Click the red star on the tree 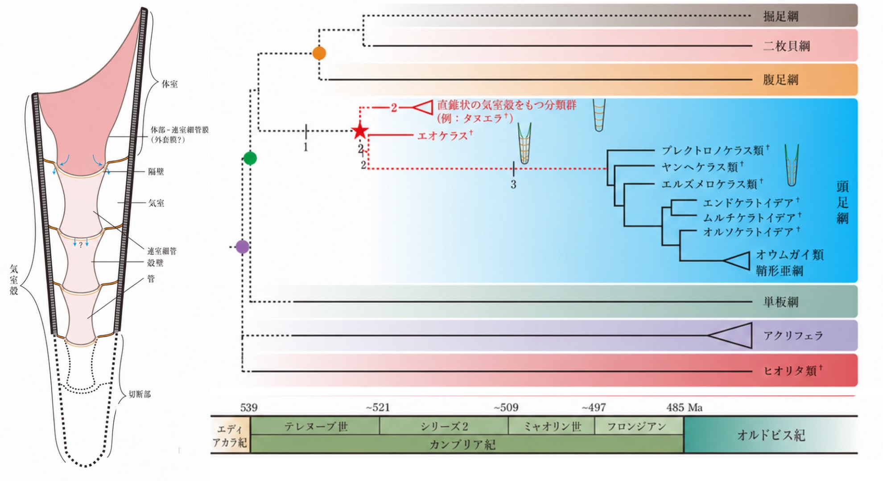[360, 131]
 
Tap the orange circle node [319, 53]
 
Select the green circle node [250, 158]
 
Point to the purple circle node [242, 247]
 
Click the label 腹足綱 [780, 80]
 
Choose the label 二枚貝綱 [786, 46]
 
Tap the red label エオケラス [442, 136]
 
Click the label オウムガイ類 [790, 255]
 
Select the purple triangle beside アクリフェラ [730, 336]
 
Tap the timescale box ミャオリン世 [552, 426]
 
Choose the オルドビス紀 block [771, 435]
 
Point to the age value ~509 [506, 408]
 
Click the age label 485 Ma [685, 408]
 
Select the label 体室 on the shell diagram [169, 84]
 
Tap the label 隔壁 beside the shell [156, 171]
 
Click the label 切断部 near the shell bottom [140, 394]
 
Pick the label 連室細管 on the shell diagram [162, 251]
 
